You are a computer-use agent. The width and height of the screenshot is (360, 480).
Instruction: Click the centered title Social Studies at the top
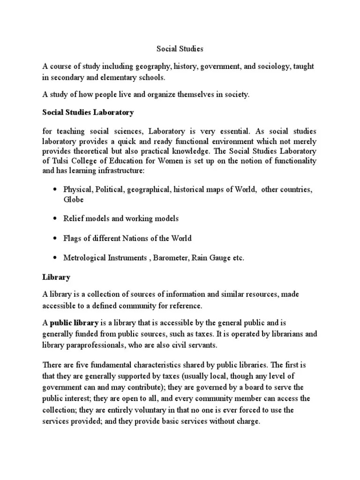pos(180,48)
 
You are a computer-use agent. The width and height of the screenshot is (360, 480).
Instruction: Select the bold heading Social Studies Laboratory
pos(88,112)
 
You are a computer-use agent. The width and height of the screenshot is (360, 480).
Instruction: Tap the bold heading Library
pos(56,277)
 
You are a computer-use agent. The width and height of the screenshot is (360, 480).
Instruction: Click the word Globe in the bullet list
pos(74,199)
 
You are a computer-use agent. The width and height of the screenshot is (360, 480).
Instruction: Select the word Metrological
pos(85,258)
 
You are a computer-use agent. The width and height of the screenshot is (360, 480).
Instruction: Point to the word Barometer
pos(170,258)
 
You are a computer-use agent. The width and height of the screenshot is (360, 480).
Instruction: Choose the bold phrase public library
pos(74,322)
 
